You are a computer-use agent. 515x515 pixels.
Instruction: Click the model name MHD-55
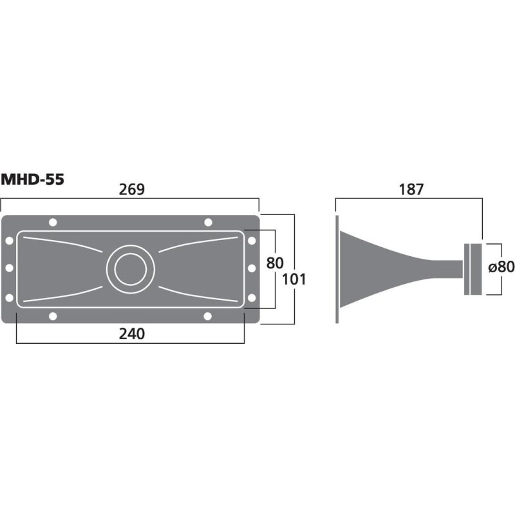click(x=32, y=180)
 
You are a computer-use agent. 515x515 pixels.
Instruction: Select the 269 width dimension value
click(x=132, y=189)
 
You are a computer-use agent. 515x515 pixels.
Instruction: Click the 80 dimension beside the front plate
click(x=275, y=263)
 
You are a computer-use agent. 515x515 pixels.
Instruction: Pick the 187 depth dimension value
click(x=411, y=189)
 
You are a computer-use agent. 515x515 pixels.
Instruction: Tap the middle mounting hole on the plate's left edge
click(x=9, y=268)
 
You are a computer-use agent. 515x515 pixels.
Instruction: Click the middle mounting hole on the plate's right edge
click(x=252, y=268)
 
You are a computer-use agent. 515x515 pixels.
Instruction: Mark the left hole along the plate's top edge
click(x=52, y=222)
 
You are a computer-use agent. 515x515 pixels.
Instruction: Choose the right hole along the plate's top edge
click(x=208, y=222)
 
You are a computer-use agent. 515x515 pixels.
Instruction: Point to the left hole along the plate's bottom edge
click(x=52, y=315)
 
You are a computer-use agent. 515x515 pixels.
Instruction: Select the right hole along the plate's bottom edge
click(x=208, y=315)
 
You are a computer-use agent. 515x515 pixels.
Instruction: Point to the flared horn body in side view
click(x=367, y=268)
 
